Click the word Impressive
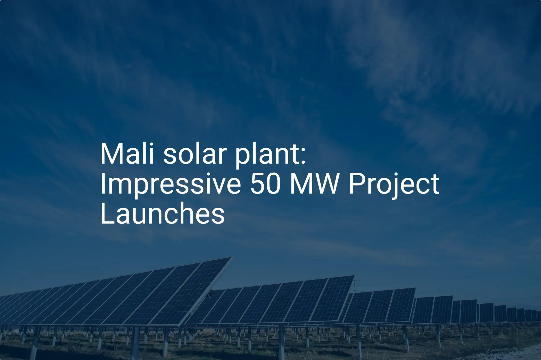[x=170, y=185]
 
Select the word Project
[x=394, y=185]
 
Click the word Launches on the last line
[x=162, y=213]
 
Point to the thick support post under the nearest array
[x=135, y=342]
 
